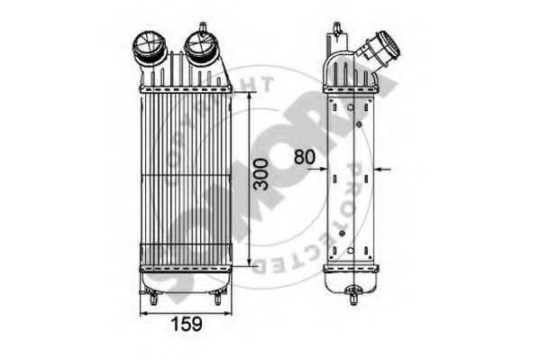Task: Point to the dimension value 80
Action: (304, 156)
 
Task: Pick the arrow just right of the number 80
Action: (325, 166)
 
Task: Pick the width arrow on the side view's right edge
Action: (381, 168)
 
